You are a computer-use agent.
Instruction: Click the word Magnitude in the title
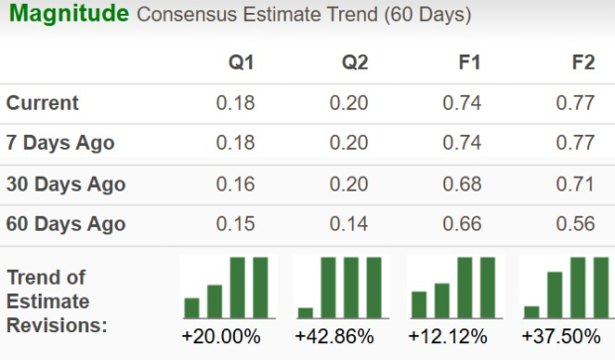point(67,15)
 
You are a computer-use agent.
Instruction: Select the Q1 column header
point(241,62)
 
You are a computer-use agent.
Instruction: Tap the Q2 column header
point(355,62)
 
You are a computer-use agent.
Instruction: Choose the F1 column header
point(469,62)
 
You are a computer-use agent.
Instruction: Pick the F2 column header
point(583,62)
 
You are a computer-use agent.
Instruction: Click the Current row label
point(43,103)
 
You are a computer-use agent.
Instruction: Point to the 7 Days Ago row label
point(61,143)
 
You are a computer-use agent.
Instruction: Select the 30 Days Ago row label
point(65,183)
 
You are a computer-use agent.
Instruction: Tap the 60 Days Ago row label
point(65,224)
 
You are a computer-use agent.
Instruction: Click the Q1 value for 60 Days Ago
point(236,224)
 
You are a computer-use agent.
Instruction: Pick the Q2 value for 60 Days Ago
point(349,224)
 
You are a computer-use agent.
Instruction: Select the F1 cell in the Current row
point(463,103)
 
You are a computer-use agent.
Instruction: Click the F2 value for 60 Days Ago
point(576,224)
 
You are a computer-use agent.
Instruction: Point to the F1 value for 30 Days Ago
point(463,183)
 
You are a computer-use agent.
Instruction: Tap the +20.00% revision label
point(221,336)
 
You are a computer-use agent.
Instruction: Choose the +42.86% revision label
point(335,336)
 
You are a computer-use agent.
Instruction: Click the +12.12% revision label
point(448,336)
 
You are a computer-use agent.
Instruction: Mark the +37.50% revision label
point(562,336)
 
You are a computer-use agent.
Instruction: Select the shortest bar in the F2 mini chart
point(532,311)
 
